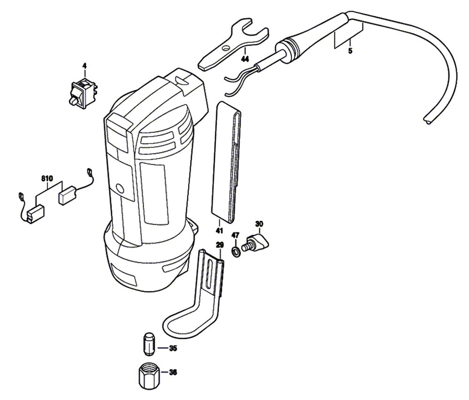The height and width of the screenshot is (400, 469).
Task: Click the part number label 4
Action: pyautogui.click(x=84, y=67)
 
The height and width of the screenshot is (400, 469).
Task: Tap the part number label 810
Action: pyautogui.click(x=47, y=179)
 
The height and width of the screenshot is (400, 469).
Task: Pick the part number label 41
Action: pyautogui.click(x=219, y=230)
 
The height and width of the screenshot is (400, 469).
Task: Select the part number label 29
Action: pyautogui.click(x=219, y=245)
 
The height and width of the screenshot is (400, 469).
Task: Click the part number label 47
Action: pyautogui.click(x=235, y=234)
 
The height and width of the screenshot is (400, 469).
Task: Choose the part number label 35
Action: pyautogui.click(x=173, y=348)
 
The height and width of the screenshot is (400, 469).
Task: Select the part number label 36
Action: pyautogui.click(x=173, y=373)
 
